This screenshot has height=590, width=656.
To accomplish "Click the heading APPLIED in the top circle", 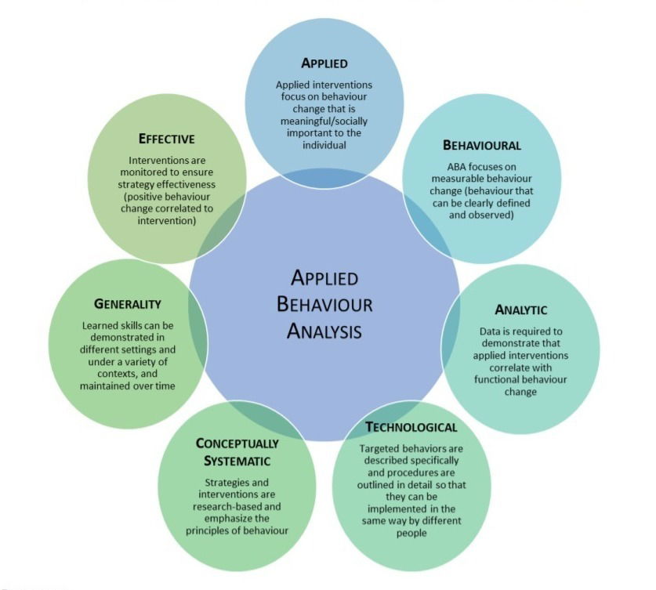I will [x=324, y=63].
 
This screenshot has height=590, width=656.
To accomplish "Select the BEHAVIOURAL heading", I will [x=482, y=145].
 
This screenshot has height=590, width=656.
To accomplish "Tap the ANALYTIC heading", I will [x=520, y=309].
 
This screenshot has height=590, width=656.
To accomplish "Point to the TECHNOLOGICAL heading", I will [x=411, y=427].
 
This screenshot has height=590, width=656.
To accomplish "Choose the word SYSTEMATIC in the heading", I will [x=234, y=461].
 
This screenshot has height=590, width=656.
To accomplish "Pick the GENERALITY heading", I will [x=127, y=303].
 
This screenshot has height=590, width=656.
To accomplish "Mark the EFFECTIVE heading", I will [x=166, y=139].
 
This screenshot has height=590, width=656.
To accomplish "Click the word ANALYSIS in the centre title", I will [x=324, y=331].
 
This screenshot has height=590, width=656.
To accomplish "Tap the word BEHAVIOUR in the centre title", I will [x=324, y=304].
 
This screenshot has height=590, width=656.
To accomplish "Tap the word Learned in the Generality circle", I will [x=103, y=324].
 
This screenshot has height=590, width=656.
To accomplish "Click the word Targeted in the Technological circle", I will [x=379, y=448].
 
